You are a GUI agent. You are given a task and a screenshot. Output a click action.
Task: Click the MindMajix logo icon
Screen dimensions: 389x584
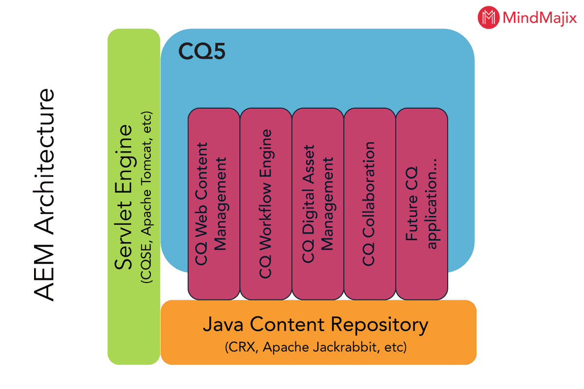tap(488, 18)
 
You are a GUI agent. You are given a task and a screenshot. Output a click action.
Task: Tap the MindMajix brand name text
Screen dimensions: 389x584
tap(539, 18)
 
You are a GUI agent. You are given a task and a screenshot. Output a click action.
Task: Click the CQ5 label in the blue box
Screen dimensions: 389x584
tap(201, 51)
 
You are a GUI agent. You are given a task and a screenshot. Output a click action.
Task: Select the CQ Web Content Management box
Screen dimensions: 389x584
tap(214, 204)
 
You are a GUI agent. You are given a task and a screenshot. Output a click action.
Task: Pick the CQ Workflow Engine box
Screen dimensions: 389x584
tap(266, 204)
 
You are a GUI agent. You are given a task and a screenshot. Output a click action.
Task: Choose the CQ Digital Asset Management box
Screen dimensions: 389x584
tap(318, 204)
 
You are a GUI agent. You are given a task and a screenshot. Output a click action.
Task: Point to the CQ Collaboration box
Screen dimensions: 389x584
tap(370, 204)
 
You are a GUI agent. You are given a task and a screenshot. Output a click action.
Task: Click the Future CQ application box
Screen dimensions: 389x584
tap(422, 204)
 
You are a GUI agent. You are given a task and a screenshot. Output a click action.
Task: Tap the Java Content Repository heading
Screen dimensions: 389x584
tap(315, 325)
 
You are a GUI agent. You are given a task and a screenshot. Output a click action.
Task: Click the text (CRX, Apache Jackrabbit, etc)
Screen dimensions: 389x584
tap(316, 348)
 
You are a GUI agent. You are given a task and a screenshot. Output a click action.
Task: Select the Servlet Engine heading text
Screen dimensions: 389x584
tap(125, 197)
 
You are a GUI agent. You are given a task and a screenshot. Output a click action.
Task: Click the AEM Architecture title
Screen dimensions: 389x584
tap(44, 194)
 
